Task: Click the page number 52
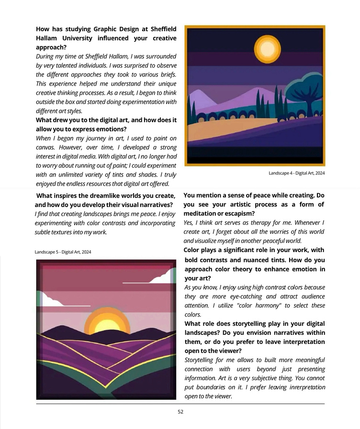(x=180, y=411)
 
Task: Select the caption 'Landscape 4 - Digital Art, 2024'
(x=296, y=173)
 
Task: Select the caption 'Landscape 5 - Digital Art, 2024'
(x=63, y=252)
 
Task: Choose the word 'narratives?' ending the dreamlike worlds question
(x=155, y=205)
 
